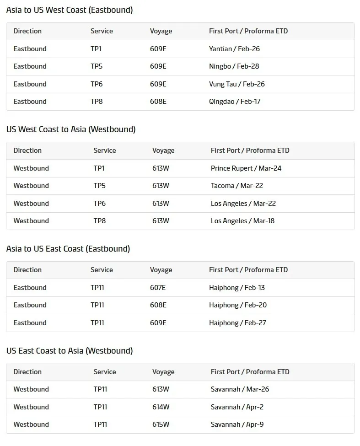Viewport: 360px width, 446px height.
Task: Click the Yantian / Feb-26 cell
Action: coord(234,49)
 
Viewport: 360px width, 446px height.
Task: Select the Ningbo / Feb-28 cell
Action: coord(234,66)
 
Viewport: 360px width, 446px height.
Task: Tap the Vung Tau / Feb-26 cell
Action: coord(236,84)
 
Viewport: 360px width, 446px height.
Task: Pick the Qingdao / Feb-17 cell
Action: coord(235,102)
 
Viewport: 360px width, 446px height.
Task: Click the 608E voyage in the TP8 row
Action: coord(158,102)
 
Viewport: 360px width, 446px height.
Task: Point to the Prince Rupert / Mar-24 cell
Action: coord(246,168)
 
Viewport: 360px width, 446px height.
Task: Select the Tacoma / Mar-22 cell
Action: coord(236,186)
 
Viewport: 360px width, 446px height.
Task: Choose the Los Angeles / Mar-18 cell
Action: coord(242,221)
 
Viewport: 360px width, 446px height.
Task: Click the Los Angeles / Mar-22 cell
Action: coord(243,204)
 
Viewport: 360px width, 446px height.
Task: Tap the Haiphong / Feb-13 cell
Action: coord(237,288)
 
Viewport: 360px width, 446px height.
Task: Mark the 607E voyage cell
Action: coord(158,288)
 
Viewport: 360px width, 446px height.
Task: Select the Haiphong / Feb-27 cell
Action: coord(237,323)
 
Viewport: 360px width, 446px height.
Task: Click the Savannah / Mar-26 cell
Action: coord(240,389)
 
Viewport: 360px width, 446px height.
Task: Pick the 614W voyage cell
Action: coord(161,407)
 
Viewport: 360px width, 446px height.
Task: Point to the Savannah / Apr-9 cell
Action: coord(237,425)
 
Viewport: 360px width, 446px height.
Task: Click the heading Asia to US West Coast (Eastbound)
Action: coord(70,10)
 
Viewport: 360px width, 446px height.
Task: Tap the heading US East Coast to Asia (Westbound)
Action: coord(70,351)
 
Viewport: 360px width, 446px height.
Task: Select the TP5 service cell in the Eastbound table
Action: coord(97,66)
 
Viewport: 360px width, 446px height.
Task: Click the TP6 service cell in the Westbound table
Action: coord(100,204)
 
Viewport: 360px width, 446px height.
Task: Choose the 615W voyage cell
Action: coord(161,425)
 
